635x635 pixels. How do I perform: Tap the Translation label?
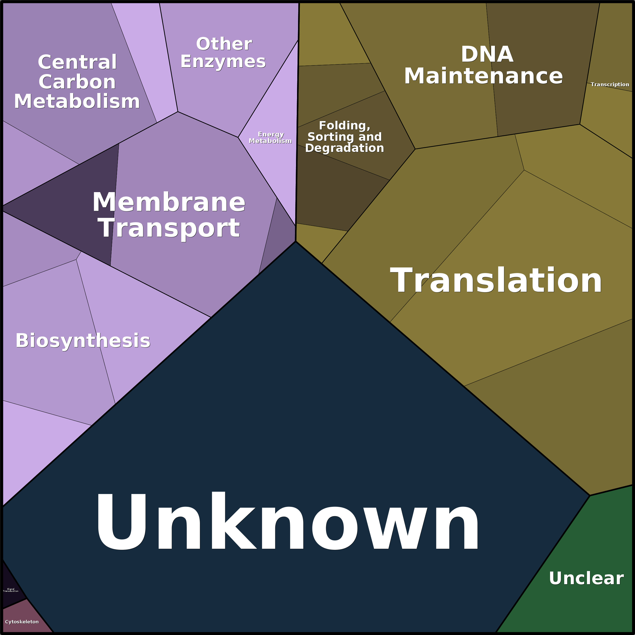496,280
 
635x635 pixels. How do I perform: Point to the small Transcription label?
610,84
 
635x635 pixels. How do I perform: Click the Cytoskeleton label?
22,622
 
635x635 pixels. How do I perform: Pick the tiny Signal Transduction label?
11,590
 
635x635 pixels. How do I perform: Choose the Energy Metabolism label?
270,138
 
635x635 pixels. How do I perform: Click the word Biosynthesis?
83,341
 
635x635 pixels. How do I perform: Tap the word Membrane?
169,202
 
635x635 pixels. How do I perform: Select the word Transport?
169,228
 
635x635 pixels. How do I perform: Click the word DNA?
487,54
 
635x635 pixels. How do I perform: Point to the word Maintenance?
483,76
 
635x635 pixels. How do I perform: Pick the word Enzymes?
223,61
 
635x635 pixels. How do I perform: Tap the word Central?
77,62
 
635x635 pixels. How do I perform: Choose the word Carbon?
77,82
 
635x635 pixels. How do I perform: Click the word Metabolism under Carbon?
77,101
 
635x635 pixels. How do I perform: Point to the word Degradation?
345,148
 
